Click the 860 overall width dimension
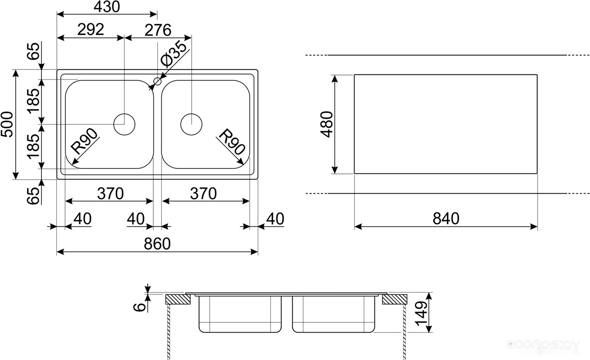[x=157, y=244]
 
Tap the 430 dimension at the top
[x=107, y=7]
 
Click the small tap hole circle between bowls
[x=157, y=81]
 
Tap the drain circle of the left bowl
[x=124, y=124]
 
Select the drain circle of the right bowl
[x=191, y=124]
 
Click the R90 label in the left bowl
[x=84, y=141]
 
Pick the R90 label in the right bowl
[x=232, y=141]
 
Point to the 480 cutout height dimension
[x=327, y=124]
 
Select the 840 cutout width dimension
[x=446, y=219]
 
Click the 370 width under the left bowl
[x=110, y=193]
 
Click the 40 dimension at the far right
[x=274, y=219]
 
